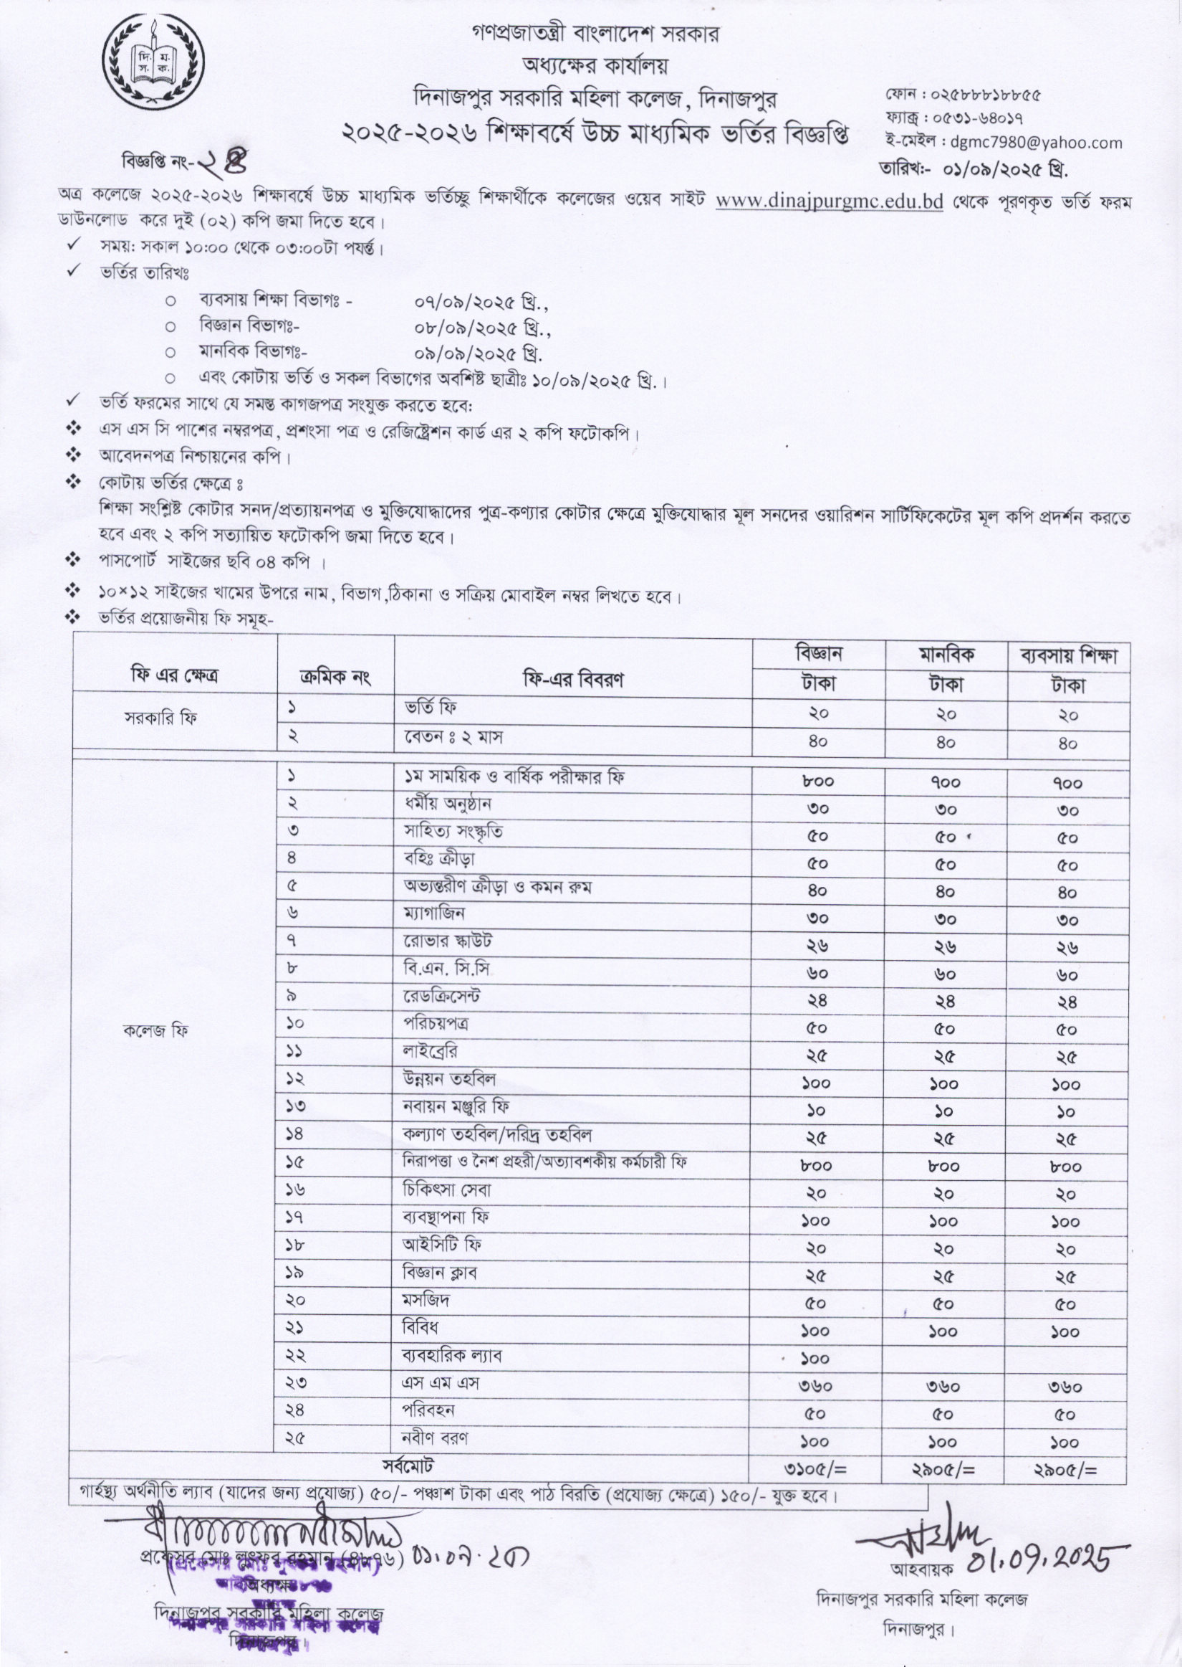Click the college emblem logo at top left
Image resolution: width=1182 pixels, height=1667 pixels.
[x=153, y=61]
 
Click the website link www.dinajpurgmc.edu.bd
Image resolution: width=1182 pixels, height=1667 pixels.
[x=829, y=201]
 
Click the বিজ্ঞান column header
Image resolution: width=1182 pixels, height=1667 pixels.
[x=819, y=653]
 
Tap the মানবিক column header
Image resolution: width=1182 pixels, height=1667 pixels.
[x=946, y=654]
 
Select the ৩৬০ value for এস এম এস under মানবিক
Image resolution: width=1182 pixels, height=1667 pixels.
[x=944, y=1387]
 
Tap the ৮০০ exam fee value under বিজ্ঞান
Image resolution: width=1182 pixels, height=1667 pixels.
[x=818, y=782]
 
